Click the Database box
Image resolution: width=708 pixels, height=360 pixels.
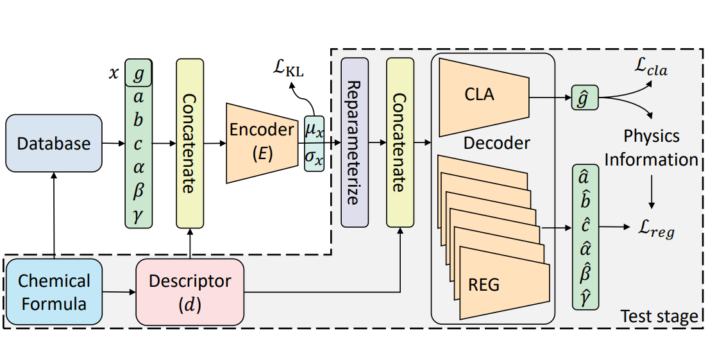click(54, 142)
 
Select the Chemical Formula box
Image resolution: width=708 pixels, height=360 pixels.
click(54, 292)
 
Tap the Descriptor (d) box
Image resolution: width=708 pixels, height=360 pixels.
click(190, 292)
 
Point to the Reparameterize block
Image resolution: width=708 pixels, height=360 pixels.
click(355, 142)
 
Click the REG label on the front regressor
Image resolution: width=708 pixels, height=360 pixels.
click(484, 285)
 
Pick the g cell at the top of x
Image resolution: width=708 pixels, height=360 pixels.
click(139, 73)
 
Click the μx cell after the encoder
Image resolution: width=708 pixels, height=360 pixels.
click(314, 131)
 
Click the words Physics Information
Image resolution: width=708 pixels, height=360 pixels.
click(651, 148)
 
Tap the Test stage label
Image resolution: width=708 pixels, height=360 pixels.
click(659, 316)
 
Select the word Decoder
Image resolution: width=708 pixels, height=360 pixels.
click(497, 142)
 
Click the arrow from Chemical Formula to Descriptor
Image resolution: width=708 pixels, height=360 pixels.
click(119, 293)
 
